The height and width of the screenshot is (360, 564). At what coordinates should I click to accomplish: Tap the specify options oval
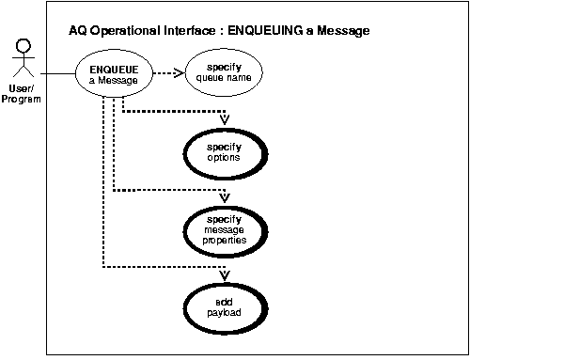(x=224, y=151)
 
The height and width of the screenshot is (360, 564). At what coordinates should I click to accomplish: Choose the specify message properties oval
(x=225, y=228)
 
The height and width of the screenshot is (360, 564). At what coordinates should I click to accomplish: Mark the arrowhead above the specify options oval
(x=225, y=120)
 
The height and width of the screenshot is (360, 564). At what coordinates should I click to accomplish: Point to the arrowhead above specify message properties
(x=225, y=197)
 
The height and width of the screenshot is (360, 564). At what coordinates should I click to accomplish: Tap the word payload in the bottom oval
(x=225, y=311)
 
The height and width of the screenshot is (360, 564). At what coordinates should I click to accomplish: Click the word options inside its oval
(x=225, y=158)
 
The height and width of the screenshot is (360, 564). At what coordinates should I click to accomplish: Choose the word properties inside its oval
(x=225, y=240)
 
